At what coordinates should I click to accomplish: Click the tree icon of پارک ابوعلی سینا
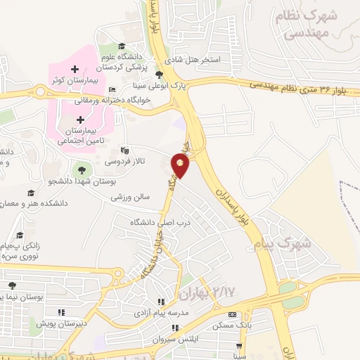pyautogui.click(x=160, y=75)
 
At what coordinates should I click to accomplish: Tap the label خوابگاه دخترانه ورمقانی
pyautogui.click(x=140, y=100)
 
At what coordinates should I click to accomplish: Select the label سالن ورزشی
pyautogui.click(x=130, y=198)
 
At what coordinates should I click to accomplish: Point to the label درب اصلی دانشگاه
pyautogui.click(x=161, y=222)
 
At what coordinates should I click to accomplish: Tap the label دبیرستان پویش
pyautogui.click(x=51, y=324)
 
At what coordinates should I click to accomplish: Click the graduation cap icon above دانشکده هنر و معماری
pyautogui.click(x=30, y=193)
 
